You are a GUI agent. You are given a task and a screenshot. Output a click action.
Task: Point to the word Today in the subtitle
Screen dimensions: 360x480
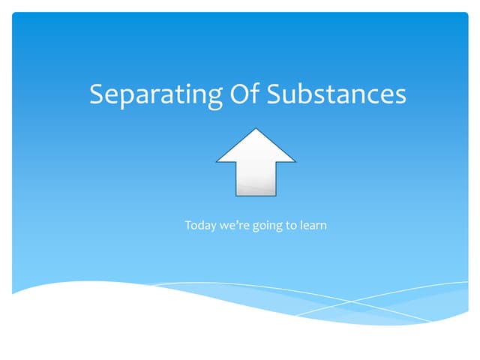tap(199, 225)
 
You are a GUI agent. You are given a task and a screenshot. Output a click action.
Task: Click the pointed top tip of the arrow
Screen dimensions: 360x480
tap(256, 130)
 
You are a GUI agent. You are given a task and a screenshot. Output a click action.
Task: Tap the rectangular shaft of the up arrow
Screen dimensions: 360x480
tap(256, 178)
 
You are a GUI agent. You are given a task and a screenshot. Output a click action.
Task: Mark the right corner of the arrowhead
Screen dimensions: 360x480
tap(295, 161)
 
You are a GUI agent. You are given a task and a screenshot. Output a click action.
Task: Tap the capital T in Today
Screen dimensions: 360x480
tap(188, 224)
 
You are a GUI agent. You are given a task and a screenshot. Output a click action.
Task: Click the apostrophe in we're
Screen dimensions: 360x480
tap(234, 221)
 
